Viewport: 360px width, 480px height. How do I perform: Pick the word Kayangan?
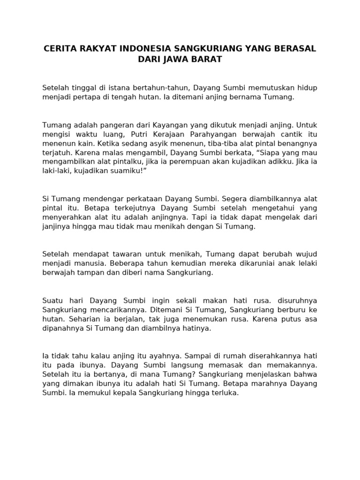pos(169,125)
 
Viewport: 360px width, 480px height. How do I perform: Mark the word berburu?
pos(289,309)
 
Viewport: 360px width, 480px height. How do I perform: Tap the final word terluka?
pos(225,393)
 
